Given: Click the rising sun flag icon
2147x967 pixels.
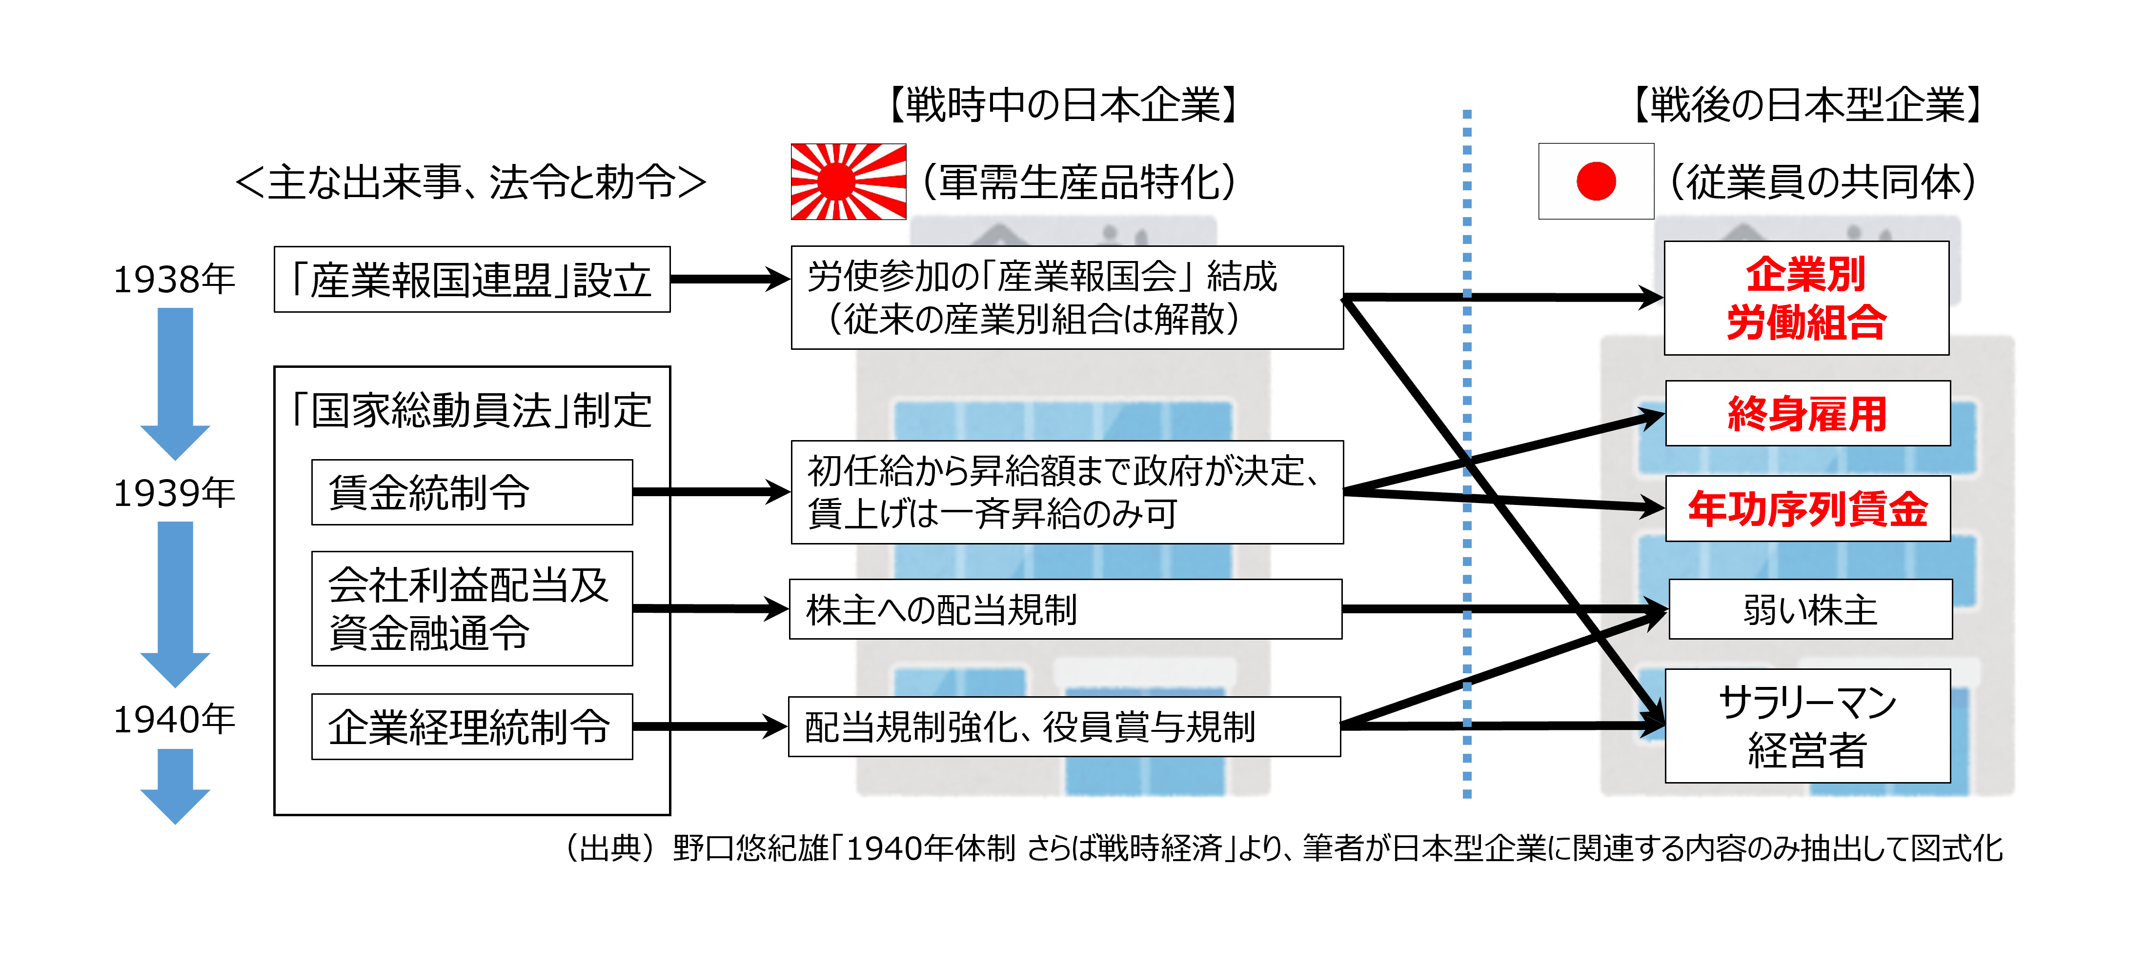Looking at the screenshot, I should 848,181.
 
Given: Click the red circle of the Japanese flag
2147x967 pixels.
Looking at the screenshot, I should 1595,181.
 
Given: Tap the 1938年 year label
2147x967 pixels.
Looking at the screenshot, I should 174,279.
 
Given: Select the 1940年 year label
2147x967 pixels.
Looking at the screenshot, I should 174,719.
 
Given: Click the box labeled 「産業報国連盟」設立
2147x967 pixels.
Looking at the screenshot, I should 472,279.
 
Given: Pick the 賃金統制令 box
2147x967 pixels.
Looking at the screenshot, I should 472,492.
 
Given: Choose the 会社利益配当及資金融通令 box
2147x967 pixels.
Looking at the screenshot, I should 472,608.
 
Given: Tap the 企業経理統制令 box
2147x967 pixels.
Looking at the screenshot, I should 472,726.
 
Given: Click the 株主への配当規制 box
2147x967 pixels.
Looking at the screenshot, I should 1065,609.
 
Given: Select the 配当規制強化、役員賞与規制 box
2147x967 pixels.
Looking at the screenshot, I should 1064,726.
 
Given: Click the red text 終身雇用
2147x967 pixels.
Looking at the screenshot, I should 1807,413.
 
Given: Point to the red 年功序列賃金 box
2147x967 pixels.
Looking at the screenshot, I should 1807,508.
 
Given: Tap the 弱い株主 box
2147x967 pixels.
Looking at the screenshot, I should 1809,609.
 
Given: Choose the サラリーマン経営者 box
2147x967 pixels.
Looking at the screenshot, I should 1807,725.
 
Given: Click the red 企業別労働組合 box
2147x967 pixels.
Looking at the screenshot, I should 1806,299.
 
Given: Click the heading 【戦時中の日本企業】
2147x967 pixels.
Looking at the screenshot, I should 1063,105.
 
